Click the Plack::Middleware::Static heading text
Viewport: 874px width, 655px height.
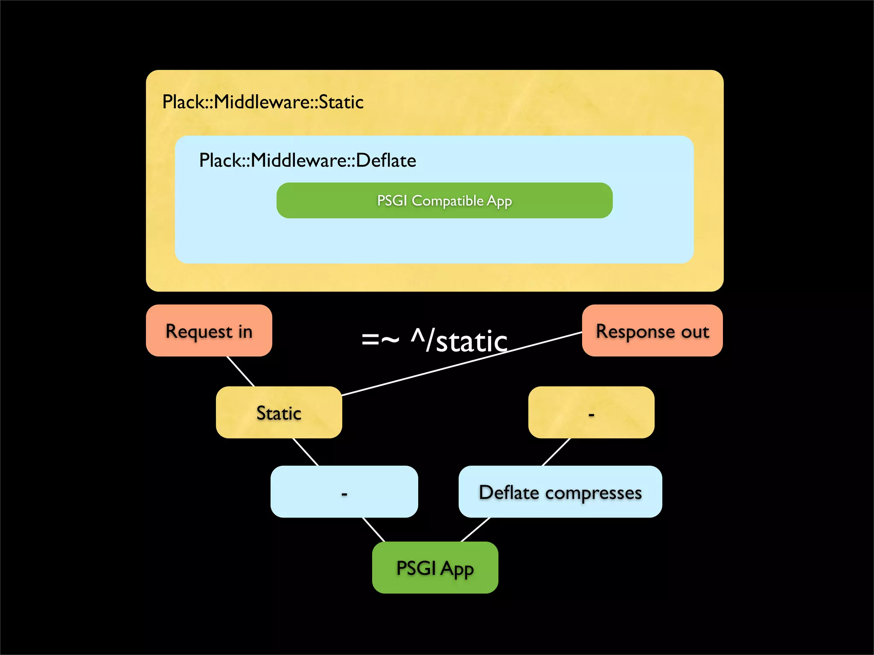click(263, 102)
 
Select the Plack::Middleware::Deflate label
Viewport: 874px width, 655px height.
click(307, 161)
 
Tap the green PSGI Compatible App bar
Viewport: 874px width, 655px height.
click(444, 200)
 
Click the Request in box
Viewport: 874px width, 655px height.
click(209, 331)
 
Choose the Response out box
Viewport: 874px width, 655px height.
click(652, 331)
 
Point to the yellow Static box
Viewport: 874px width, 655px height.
click(279, 412)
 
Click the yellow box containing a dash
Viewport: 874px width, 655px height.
click(591, 412)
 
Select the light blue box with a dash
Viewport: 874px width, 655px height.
click(344, 492)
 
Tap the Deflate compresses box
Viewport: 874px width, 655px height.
click(560, 492)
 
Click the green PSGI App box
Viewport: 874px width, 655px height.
click(435, 568)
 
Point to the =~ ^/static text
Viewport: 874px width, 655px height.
click(434, 341)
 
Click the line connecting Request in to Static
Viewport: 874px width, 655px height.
click(241, 371)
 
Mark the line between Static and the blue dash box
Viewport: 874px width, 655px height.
click(306, 452)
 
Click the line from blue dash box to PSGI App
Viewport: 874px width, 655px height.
click(374, 530)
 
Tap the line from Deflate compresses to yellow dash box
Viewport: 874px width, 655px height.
click(556, 452)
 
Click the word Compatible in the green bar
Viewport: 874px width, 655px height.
click(448, 200)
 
